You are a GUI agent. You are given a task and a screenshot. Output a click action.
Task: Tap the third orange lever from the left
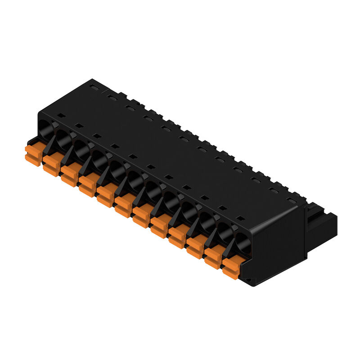[69, 174]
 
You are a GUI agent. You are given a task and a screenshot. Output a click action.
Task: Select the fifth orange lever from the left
[105, 195]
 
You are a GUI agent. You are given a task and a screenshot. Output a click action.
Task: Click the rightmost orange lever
[231, 267]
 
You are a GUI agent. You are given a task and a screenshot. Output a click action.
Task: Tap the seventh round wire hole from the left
[153, 189]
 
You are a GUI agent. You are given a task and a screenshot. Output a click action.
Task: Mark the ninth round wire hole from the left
[189, 210]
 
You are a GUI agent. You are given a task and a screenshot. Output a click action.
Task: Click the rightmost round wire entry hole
[243, 241]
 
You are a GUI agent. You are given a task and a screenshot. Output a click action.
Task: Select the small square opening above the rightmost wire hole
[241, 219]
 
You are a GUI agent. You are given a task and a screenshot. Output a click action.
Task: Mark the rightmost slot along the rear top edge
[292, 197]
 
